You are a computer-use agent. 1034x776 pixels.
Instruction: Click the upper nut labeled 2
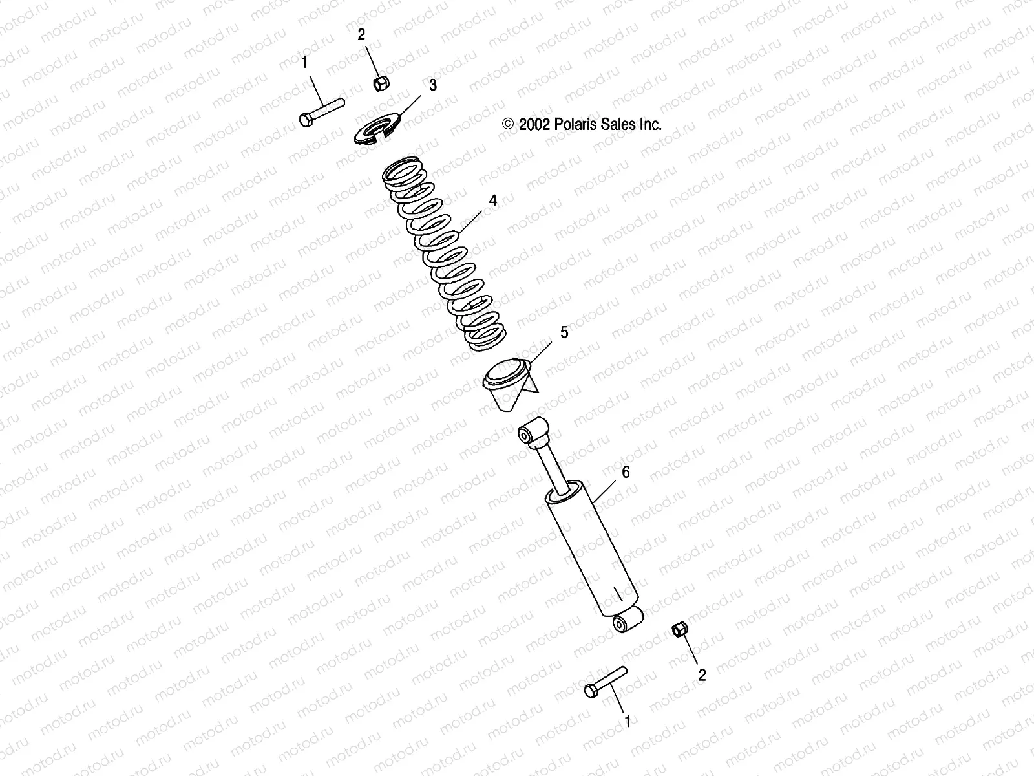381,83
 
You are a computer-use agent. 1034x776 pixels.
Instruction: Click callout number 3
433,85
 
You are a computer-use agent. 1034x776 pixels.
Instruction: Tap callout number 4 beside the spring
493,201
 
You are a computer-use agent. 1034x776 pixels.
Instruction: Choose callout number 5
564,332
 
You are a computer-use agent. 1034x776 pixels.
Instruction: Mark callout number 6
626,473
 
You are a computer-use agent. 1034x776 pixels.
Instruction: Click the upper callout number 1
304,63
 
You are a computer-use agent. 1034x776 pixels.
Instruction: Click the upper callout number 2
361,35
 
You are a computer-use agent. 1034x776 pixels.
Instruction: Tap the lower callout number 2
702,675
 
